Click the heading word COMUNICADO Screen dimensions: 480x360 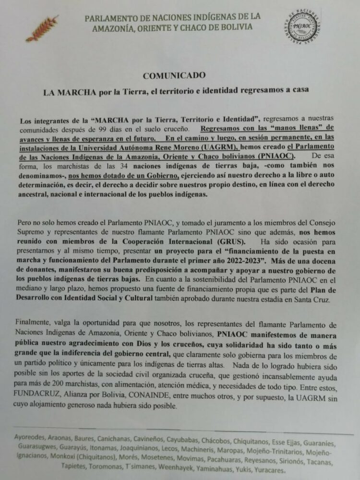click(174, 76)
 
